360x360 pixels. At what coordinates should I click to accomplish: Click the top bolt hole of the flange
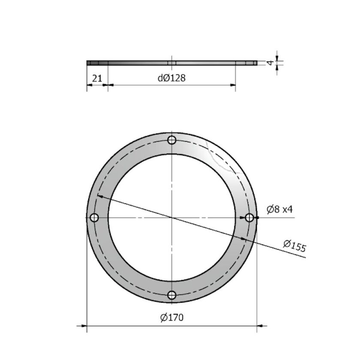click(172, 140)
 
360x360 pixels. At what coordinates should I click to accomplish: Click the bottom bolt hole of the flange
click(172, 295)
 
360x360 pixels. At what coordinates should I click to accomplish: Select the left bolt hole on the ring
click(94, 218)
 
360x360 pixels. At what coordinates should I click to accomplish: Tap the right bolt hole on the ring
click(249, 218)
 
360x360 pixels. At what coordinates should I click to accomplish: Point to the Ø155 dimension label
click(294, 246)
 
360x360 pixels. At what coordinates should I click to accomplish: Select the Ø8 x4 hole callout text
click(279, 210)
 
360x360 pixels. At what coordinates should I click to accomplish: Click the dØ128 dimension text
click(171, 78)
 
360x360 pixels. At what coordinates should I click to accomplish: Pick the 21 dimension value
click(97, 78)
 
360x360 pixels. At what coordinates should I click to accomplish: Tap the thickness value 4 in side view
click(270, 63)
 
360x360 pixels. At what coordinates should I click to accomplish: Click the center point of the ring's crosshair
click(172, 218)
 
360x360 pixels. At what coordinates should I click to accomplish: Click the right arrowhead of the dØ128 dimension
click(233, 85)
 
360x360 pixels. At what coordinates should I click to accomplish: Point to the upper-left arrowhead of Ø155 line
click(99, 196)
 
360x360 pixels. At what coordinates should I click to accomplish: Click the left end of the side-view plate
click(87, 63)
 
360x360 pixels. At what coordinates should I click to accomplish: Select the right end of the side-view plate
click(256, 63)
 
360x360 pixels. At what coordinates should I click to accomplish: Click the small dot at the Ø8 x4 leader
click(257, 218)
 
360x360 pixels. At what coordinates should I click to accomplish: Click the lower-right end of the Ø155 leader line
click(305, 258)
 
